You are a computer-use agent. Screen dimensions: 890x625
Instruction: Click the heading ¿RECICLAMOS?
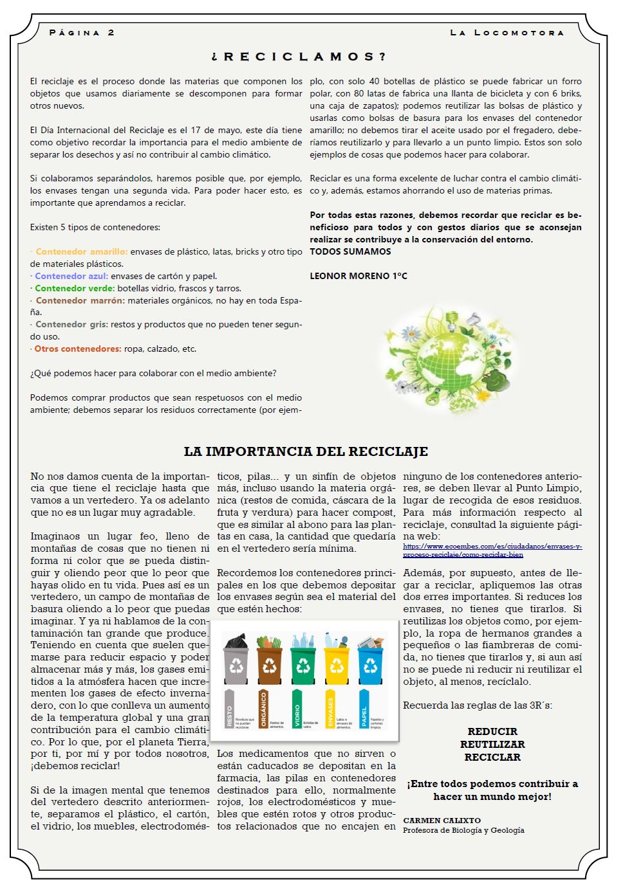coord(299,57)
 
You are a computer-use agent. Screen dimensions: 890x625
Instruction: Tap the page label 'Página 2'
coord(82,32)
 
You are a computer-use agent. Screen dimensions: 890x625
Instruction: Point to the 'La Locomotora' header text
coord(507,32)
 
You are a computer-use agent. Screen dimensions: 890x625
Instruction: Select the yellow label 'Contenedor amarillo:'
coord(82,251)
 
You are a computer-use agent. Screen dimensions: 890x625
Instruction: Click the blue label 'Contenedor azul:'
coord(71,276)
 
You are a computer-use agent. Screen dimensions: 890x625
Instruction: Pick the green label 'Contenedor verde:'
coord(75,288)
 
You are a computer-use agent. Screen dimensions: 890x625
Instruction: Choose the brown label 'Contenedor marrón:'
coord(80,300)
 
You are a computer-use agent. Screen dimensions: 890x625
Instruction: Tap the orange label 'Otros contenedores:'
coord(78,349)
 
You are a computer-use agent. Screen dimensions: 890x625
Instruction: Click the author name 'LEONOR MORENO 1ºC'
coord(359,276)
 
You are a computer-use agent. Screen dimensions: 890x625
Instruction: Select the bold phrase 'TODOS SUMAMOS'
coord(350,251)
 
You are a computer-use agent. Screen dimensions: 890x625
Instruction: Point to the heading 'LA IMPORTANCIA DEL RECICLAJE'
coord(306,451)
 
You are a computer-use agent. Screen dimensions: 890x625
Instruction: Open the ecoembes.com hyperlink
coord(492,550)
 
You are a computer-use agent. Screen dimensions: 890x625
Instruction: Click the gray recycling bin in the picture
coord(236,659)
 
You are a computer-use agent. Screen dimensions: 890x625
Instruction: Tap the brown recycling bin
coord(269,659)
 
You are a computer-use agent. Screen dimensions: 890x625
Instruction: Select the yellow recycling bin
coord(337,659)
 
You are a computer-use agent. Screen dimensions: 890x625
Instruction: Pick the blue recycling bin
coord(370,659)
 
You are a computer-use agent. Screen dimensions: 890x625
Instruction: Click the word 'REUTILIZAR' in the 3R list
coord(492,744)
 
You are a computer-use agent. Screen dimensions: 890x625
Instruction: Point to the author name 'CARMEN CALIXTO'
coord(433,821)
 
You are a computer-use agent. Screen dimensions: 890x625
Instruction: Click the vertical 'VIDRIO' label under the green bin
coord(297,709)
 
